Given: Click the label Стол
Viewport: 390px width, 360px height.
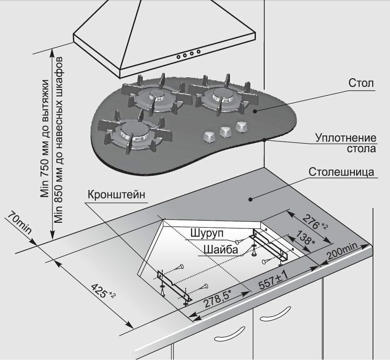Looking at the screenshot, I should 361,83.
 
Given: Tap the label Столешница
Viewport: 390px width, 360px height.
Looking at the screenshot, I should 341,172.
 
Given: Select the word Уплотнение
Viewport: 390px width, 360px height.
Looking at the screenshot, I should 346,139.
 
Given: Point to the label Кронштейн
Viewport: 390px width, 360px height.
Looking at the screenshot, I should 116,194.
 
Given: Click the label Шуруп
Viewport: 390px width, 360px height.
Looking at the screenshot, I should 206,233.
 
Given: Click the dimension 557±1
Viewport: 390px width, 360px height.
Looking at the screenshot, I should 274,282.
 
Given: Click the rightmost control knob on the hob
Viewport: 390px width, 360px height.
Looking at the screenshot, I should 241,126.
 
